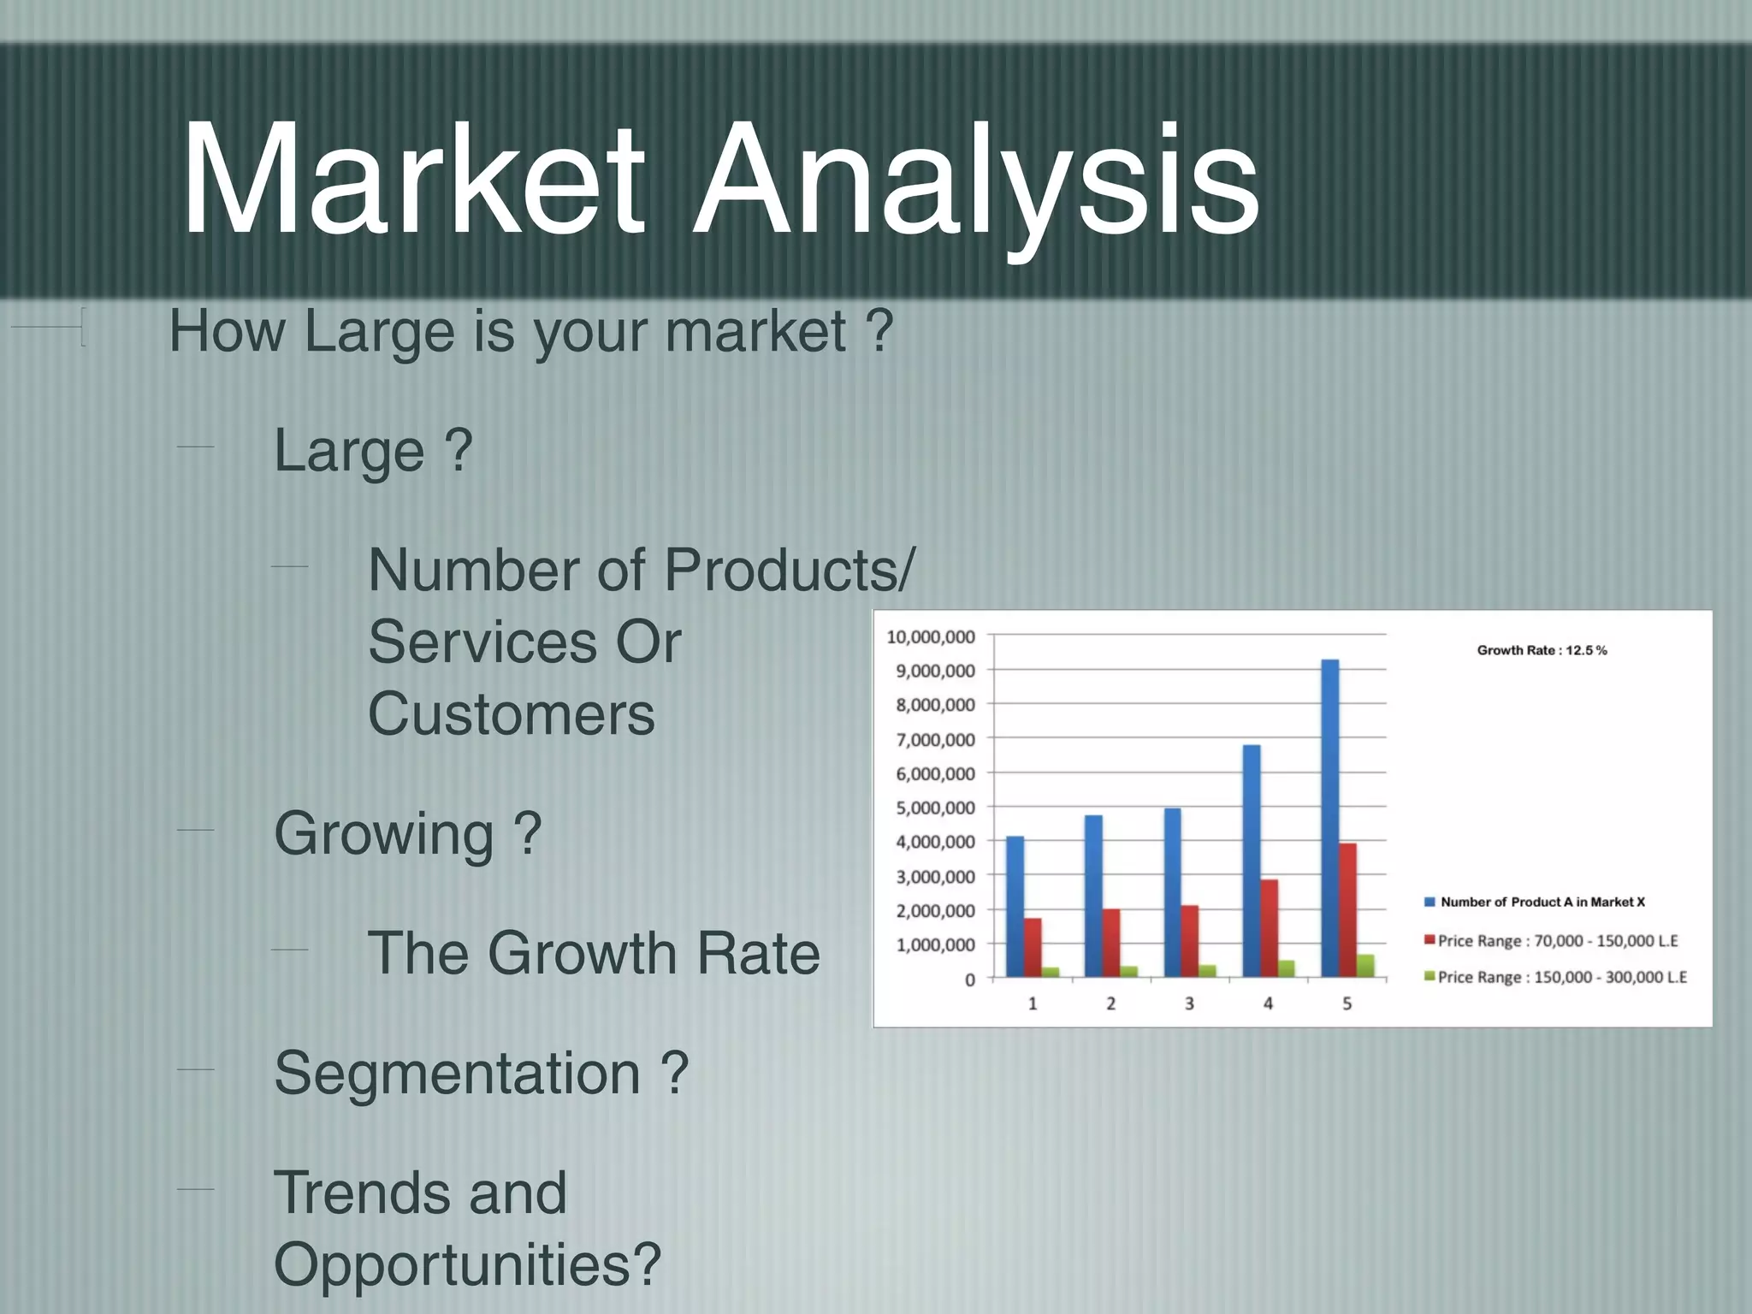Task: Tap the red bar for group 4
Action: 1270,928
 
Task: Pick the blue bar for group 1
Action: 1015,907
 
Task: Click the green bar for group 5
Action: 1365,966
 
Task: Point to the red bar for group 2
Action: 1111,942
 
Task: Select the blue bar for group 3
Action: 1172,892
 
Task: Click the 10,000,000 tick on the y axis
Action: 931,636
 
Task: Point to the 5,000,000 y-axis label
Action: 935,808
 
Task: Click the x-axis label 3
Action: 1189,1003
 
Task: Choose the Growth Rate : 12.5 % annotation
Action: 1542,650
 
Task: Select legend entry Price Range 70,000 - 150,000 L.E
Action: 1557,941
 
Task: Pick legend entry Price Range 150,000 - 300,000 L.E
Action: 1561,977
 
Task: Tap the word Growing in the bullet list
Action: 384,833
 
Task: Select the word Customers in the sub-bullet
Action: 512,713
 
